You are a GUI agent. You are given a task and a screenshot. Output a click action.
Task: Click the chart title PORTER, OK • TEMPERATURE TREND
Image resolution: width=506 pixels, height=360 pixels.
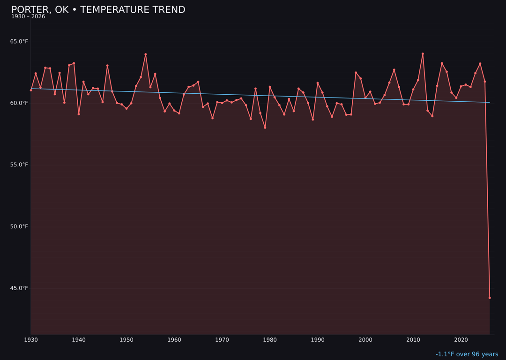pyautogui.click(x=98, y=10)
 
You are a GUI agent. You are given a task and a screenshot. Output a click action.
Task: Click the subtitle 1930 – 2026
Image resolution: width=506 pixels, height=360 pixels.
pyautogui.click(x=28, y=17)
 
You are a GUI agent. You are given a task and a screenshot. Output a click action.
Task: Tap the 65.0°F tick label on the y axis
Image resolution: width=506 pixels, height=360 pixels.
pyautogui.click(x=19, y=42)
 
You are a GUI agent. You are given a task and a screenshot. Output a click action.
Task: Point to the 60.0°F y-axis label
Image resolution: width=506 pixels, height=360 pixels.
pyautogui.click(x=19, y=103)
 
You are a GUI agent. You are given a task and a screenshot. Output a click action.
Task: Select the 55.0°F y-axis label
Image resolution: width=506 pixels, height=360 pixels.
pyautogui.click(x=19, y=165)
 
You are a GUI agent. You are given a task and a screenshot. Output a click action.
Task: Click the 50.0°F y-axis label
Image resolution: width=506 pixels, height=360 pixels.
pyautogui.click(x=19, y=227)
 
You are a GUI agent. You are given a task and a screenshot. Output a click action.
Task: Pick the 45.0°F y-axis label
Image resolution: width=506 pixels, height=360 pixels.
pyautogui.click(x=19, y=288)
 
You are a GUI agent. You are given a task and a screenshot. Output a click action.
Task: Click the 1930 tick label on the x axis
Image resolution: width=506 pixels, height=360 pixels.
pyautogui.click(x=31, y=340)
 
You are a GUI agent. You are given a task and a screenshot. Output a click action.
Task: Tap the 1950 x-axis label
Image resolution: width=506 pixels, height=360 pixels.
pyautogui.click(x=126, y=340)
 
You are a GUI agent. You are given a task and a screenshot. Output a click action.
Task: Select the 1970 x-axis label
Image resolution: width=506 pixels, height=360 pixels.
pyautogui.click(x=222, y=340)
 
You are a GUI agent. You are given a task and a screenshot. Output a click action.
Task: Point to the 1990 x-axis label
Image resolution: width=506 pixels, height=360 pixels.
pyautogui.click(x=318, y=340)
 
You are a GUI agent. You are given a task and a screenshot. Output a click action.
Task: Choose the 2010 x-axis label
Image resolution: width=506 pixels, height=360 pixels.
pyautogui.click(x=413, y=340)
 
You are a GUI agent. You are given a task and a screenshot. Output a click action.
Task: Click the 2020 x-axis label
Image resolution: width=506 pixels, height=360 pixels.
pyautogui.click(x=461, y=340)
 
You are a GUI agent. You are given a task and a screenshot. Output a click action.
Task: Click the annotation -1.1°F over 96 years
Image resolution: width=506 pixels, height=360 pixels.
pyautogui.click(x=467, y=354)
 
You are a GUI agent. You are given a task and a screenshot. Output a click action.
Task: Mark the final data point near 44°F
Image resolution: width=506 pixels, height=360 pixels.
pyautogui.click(x=490, y=298)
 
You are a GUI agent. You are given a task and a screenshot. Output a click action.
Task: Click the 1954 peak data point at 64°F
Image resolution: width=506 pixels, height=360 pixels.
pyautogui.click(x=146, y=54)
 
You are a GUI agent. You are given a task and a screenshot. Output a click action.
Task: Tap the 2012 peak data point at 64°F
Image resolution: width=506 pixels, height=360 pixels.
pyautogui.click(x=423, y=54)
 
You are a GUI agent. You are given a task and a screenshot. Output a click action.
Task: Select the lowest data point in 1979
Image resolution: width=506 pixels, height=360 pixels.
pyautogui.click(x=265, y=127)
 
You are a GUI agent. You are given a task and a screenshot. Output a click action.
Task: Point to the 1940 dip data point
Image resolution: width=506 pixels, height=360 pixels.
pyautogui.click(x=79, y=114)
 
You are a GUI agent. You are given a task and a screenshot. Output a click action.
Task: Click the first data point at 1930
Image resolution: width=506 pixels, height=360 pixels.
pyautogui.click(x=31, y=90)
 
